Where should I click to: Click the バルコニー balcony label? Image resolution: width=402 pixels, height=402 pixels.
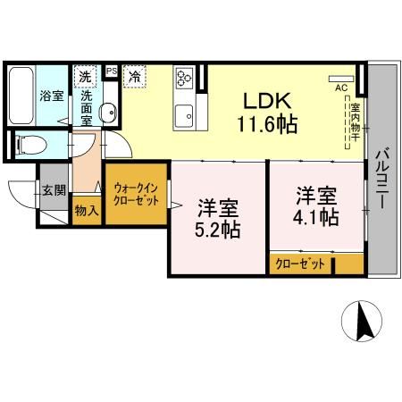381,179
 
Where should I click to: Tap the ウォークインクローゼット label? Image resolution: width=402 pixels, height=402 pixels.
137,195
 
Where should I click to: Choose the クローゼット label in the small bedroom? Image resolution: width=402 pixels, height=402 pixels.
300,264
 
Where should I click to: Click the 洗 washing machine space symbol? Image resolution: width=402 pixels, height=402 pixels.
85,75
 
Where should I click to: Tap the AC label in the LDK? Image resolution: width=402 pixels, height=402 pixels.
340,88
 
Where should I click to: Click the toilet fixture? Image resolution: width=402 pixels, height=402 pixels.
26,141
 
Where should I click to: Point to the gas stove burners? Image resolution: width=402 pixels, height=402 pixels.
186,78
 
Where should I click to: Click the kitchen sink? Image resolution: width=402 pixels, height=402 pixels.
187,113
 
